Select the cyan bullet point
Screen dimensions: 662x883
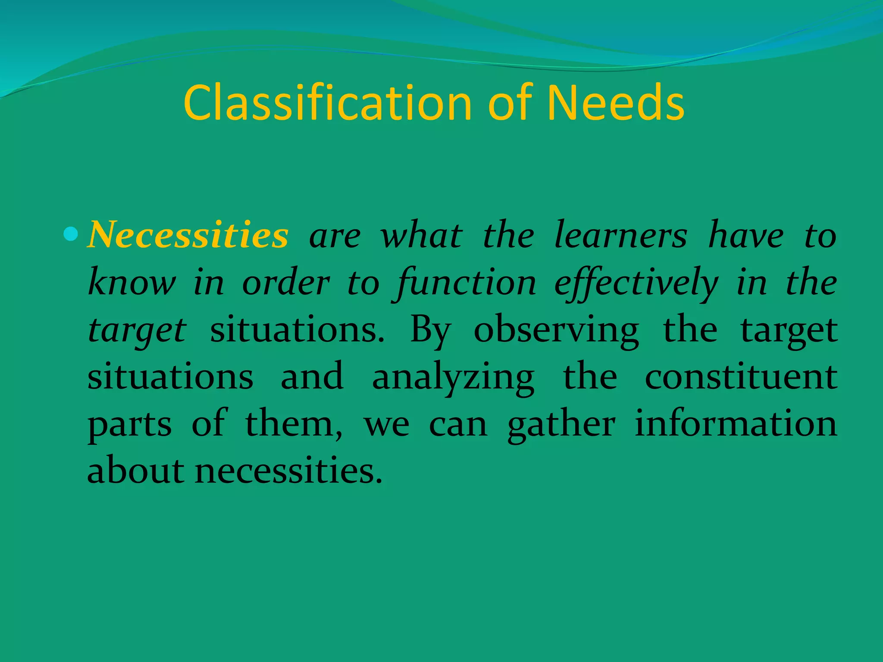70,234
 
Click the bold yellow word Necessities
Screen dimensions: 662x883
188,235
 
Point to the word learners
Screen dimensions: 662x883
620,235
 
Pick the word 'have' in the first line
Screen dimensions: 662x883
746,235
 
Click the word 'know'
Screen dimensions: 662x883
132,283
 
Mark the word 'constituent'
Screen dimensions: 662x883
741,377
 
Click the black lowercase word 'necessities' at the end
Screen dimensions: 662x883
288,471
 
